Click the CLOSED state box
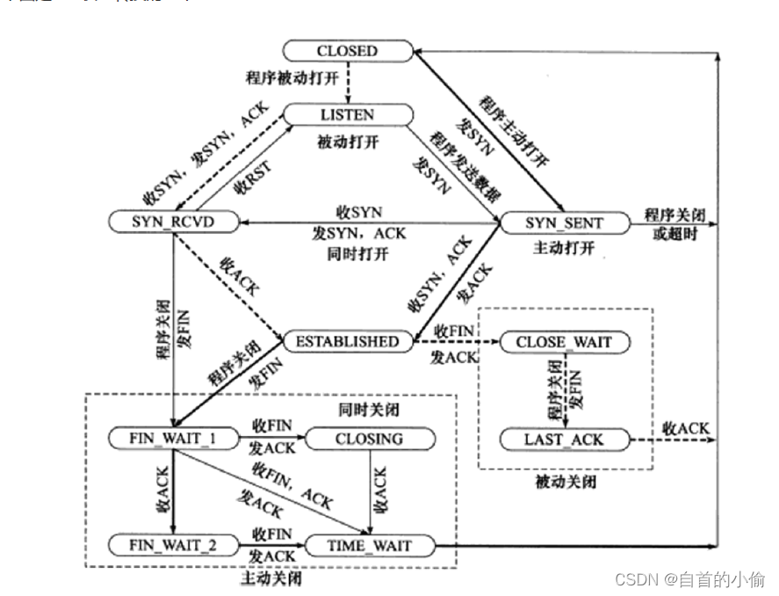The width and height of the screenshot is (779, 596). click(347, 51)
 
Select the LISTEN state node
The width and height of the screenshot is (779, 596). click(347, 114)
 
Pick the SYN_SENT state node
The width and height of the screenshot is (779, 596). click(564, 223)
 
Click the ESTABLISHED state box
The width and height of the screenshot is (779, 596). click(347, 341)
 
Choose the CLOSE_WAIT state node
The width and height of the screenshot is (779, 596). click(564, 341)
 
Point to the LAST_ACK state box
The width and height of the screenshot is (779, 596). click(564, 439)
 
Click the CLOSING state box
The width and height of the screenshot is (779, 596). click(369, 439)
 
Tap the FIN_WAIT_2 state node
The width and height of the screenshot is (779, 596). click(173, 545)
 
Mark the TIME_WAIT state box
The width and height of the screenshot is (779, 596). click(369, 545)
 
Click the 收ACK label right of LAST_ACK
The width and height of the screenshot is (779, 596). click(685, 428)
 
